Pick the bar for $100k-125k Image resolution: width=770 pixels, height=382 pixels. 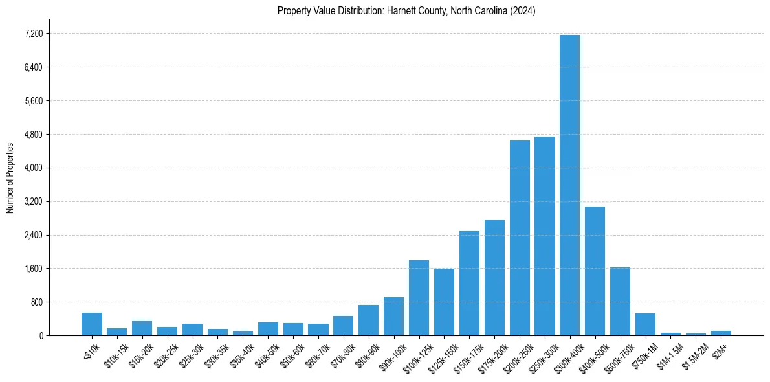click(419, 298)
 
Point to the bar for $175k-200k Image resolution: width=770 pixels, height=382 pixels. click(494, 278)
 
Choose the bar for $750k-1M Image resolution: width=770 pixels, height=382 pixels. click(645, 324)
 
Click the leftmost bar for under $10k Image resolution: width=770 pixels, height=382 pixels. click(92, 324)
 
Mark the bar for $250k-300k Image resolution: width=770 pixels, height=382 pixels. click(545, 236)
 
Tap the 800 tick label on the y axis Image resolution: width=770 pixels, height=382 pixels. click(36, 302)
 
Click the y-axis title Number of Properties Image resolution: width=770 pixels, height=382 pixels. click(10, 177)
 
